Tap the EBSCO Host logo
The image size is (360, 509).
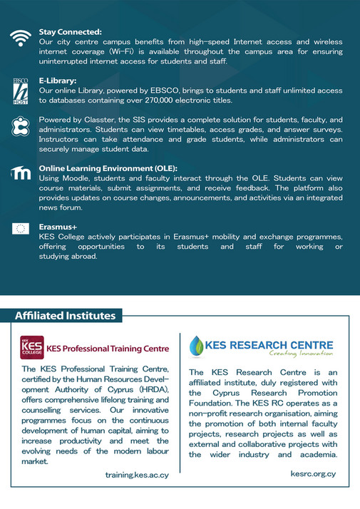(x=21, y=91)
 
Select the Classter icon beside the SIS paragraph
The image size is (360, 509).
(x=21, y=126)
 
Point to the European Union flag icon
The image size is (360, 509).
(x=21, y=229)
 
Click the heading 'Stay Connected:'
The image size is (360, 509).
(x=71, y=32)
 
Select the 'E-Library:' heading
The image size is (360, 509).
(x=58, y=81)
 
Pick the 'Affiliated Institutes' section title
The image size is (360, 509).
(x=65, y=315)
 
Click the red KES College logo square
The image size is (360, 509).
(x=31, y=347)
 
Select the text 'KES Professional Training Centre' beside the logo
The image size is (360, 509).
(x=108, y=349)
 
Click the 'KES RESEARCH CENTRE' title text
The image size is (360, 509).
(x=269, y=343)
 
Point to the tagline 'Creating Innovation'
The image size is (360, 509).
(x=300, y=353)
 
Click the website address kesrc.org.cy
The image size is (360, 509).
(x=312, y=473)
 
